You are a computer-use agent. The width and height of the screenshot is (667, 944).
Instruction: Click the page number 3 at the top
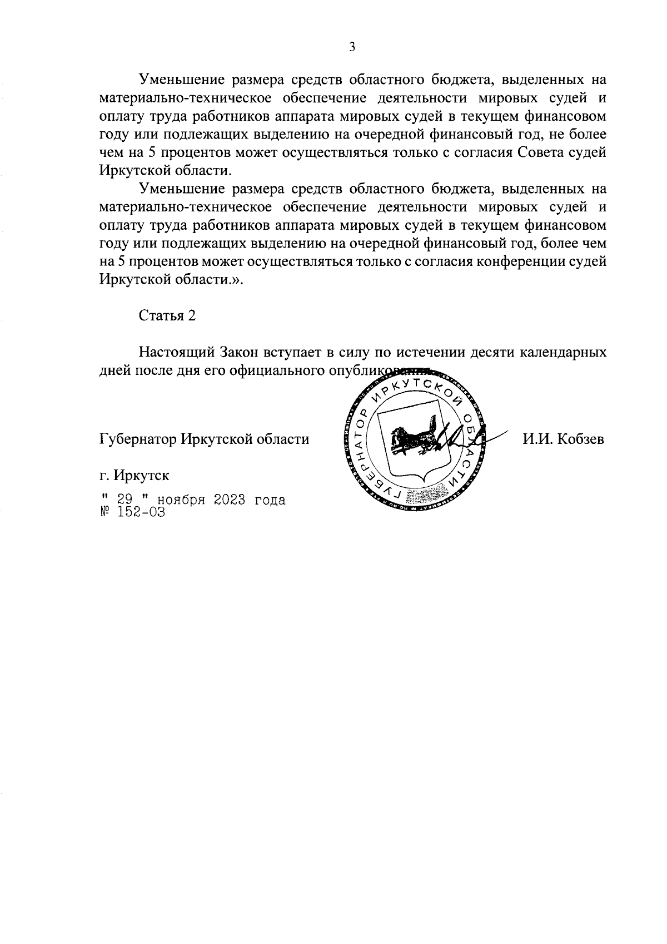(x=352, y=47)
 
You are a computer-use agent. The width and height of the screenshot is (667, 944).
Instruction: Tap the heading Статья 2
(x=167, y=316)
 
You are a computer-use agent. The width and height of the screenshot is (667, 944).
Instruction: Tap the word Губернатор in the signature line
(x=135, y=439)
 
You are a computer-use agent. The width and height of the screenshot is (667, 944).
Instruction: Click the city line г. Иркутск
(x=135, y=476)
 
